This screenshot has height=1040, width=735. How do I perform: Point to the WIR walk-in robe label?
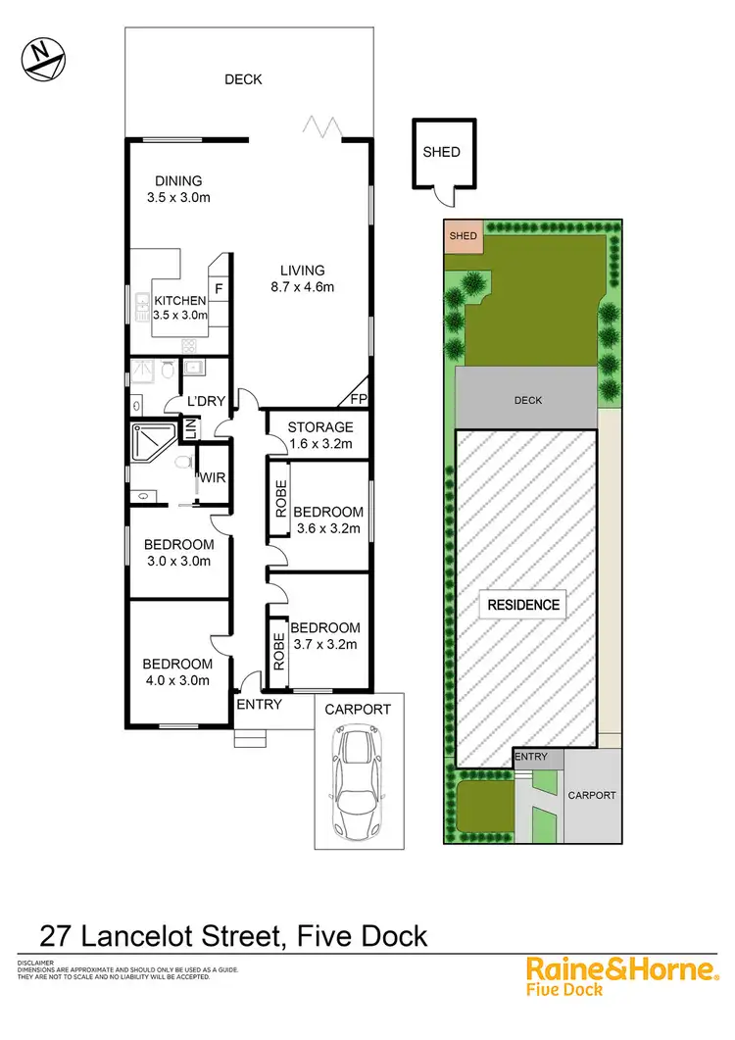point(214,478)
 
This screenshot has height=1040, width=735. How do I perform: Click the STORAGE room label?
point(320,426)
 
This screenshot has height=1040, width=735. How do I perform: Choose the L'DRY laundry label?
point(207,402)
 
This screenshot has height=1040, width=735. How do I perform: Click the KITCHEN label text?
point(180,300)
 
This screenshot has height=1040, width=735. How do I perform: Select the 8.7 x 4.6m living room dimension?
point(303,287)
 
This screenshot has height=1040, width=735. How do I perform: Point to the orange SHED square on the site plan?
point(463,236)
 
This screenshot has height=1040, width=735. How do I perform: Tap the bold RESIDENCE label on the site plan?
point(524,605)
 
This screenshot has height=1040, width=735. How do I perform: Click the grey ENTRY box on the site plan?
point(531,757)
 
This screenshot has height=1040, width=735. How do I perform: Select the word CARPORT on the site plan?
point(592,795)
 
